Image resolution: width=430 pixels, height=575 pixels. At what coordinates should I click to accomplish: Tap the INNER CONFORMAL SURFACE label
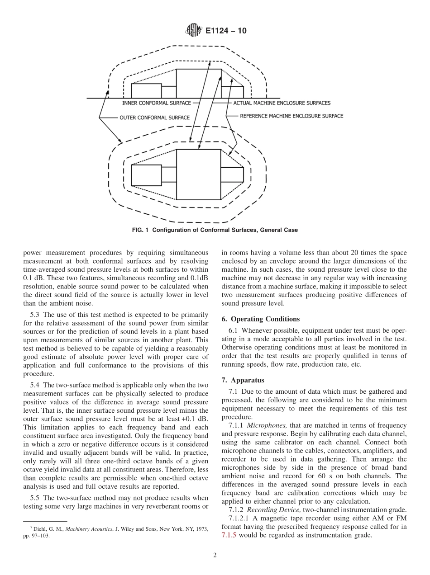[156, 103]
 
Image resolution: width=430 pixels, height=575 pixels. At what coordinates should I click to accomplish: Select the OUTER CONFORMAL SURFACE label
[154, 118]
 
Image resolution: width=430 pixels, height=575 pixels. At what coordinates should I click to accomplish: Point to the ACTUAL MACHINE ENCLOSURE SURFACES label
[282, 103]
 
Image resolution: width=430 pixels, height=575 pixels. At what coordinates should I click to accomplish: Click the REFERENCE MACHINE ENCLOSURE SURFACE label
[291, 116]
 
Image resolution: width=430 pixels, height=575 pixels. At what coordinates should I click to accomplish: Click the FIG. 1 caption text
[215, 230]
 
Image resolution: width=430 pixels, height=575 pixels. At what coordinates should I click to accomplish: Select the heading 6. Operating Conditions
[260, 319]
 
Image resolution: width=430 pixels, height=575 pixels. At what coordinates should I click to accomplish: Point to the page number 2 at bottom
[215, 556]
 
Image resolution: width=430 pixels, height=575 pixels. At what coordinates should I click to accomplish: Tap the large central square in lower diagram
[198, 174]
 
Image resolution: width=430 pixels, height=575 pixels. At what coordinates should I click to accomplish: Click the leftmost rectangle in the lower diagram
[146, 175]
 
